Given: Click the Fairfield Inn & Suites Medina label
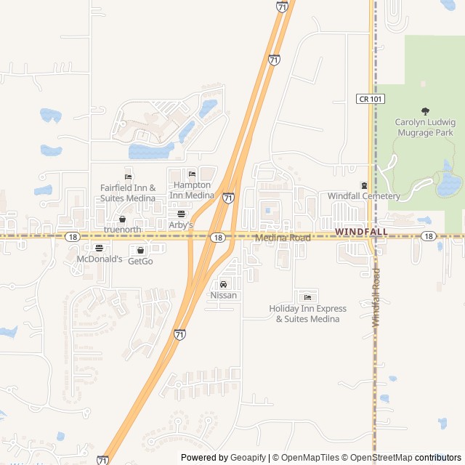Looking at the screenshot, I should click(128, 193).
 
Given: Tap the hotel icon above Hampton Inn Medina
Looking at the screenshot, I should click(192, 174).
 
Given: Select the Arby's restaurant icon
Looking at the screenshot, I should click(181, 214).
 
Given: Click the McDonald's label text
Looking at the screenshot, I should click(100, 259).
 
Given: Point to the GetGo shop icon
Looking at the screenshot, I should click(140, 250).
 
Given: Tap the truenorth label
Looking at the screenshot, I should click(122, 230).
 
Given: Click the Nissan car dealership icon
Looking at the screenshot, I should click(223, 284).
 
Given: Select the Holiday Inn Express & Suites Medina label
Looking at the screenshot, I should click(307, 314).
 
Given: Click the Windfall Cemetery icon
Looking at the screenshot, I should click(364, 186).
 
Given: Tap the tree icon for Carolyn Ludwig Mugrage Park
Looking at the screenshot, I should click(424, 110).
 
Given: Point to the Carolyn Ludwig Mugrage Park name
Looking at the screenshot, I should click(424, 127).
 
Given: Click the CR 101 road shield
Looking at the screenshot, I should click(369, 98).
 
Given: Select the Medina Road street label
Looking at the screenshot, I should click(283, 238).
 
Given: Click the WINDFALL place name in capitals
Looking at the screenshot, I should click(361, 232).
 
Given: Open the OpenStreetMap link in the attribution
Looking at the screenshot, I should click(376, 458).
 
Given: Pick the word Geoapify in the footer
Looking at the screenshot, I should click(248, 458).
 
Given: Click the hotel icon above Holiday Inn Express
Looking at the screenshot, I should click(307, 297).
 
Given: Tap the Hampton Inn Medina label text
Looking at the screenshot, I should click(192, 190).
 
